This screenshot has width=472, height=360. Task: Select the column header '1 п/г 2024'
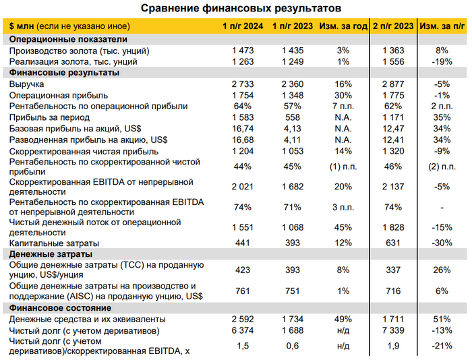pyautogui.click(x=243, y=26)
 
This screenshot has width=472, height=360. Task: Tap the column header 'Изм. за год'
pyautogui.click(x=343, y=26)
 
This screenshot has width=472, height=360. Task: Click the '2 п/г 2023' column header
pyautogui.click(x=392, y=26)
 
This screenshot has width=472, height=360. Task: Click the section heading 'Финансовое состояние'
pyautogui.click(x=59, y=307)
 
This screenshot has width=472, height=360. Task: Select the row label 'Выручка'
pyautogui.click(x=27, y=84)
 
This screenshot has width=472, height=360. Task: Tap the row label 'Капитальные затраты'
pyautogui.click(x=54, y=243)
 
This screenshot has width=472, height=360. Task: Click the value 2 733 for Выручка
pyautogui.click(x=243, y=84)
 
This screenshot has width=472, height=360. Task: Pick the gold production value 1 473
pyautogui.click(x=243, y=51)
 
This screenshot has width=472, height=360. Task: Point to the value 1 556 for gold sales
pyautogui.click(x=392, y=61)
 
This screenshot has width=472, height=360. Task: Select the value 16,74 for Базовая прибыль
pyautogui.click(x=243, y=128)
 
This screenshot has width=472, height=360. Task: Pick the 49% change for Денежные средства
pyautogui.click(x=343, y=319)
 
